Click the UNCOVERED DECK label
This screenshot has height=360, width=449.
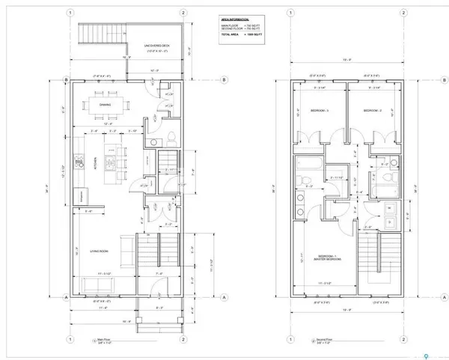point(153,47)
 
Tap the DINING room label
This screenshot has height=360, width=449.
point(105,105)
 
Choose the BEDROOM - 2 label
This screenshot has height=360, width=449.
point(373,110)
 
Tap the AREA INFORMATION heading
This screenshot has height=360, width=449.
point(235,19)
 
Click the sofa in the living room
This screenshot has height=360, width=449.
point(126,251)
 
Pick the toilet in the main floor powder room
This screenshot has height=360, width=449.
point(171,135)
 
